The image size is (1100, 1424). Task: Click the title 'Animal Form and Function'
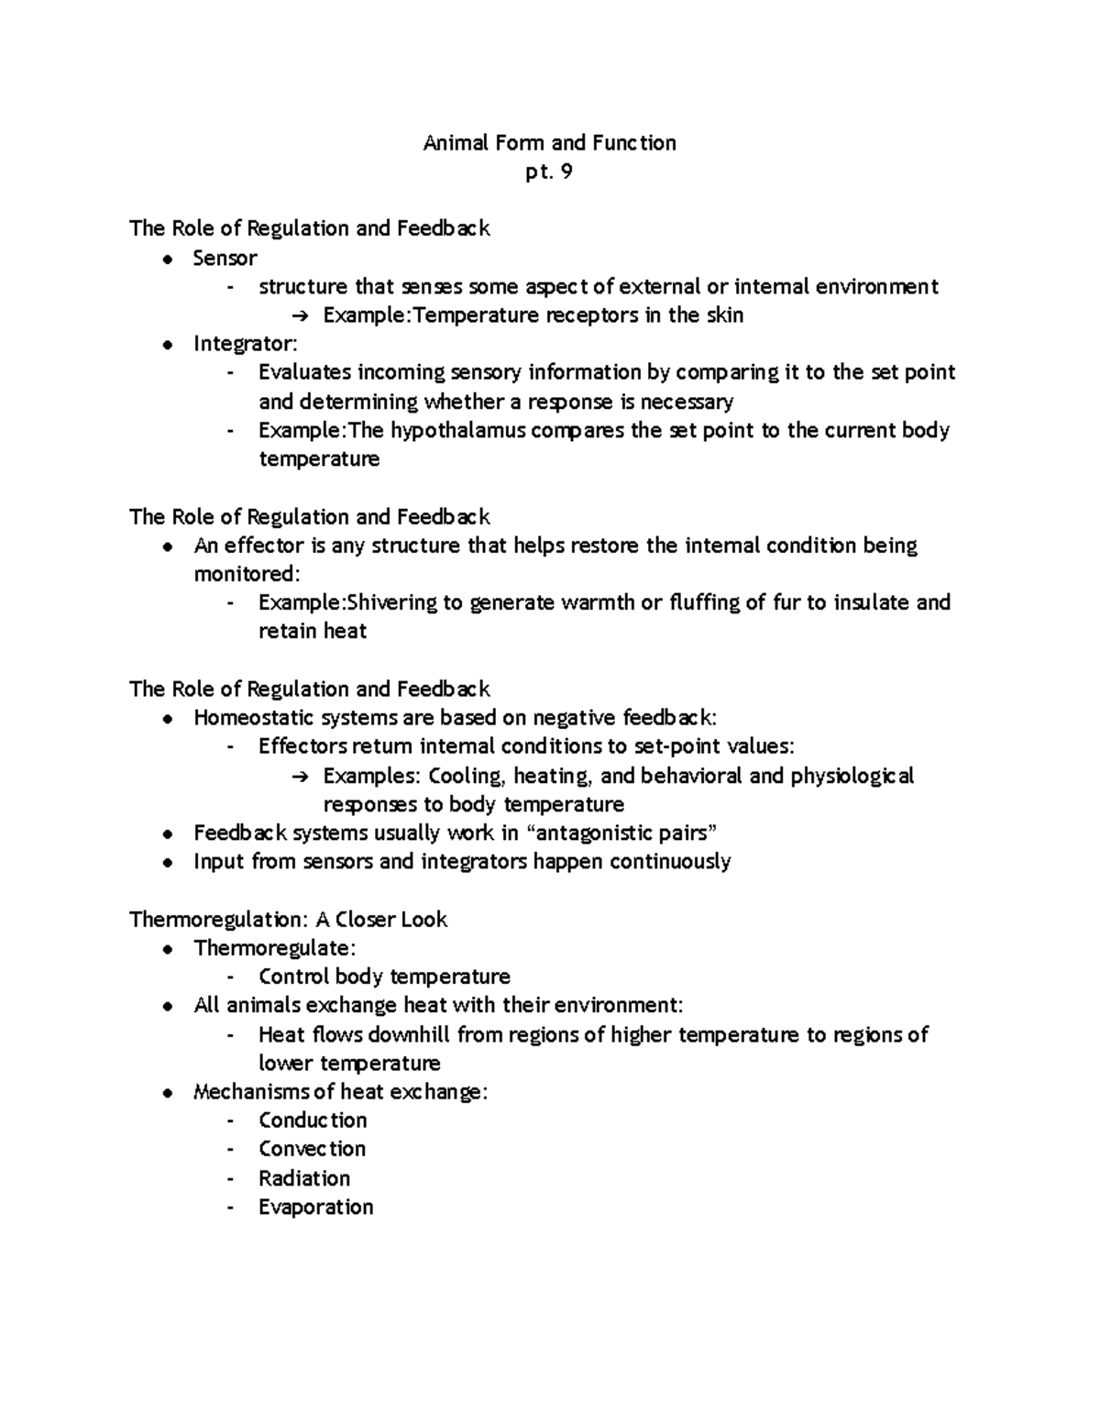click(549, 143)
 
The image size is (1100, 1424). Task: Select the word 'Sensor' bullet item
click(225, 258)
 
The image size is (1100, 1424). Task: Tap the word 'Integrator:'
click(246, 344)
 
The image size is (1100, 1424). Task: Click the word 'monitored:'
click(247, 574)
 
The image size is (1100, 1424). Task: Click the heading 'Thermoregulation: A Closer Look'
click(288, 919)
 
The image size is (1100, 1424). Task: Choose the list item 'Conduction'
click(313, 1120)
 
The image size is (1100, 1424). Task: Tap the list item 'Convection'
click(312, 1149)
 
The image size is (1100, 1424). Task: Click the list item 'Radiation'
click(304, 1177)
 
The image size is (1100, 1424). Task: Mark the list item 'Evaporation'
click(315, 1207)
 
